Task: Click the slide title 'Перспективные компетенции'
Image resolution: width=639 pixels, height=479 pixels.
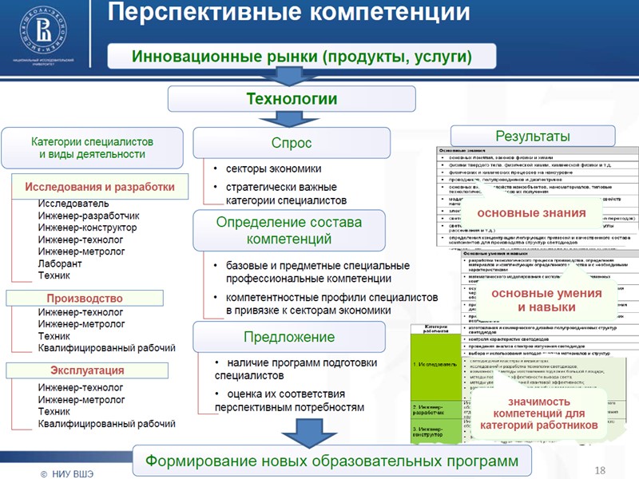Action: pos(288,14)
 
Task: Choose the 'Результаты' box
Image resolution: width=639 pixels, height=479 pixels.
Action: pos(533,136)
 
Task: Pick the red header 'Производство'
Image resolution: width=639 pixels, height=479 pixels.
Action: pos(85,298)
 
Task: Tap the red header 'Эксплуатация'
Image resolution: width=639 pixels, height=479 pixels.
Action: pos(87,370)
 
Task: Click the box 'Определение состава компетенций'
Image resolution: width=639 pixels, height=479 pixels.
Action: pos(289,230)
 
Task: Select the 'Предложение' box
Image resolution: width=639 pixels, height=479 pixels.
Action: pos(289,337)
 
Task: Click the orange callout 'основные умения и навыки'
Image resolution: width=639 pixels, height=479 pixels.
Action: pos(546,300)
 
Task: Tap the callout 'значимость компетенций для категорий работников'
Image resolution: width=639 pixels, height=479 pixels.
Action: pos(539,414)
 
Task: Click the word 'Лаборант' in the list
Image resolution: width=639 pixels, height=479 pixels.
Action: pos(60,263)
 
